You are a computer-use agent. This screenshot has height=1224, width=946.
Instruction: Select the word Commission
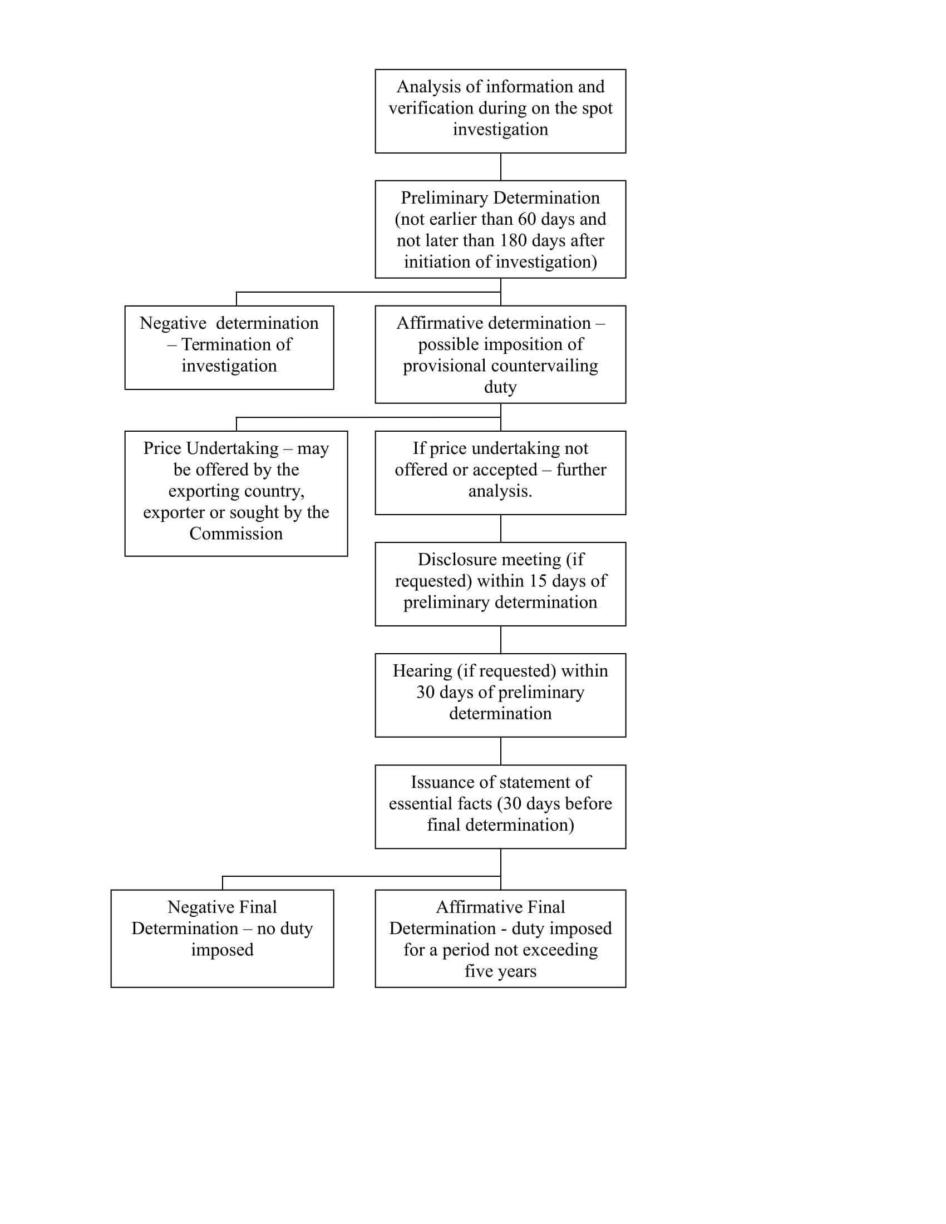236,534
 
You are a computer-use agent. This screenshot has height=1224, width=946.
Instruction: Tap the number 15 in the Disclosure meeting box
538,581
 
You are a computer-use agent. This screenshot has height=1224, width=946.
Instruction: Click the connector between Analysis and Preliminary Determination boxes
500,166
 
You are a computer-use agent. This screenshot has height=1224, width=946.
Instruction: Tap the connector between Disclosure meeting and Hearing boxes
500,639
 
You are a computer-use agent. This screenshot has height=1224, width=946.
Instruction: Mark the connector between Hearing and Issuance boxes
500,751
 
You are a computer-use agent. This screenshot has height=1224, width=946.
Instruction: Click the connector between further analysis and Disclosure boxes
500,529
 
